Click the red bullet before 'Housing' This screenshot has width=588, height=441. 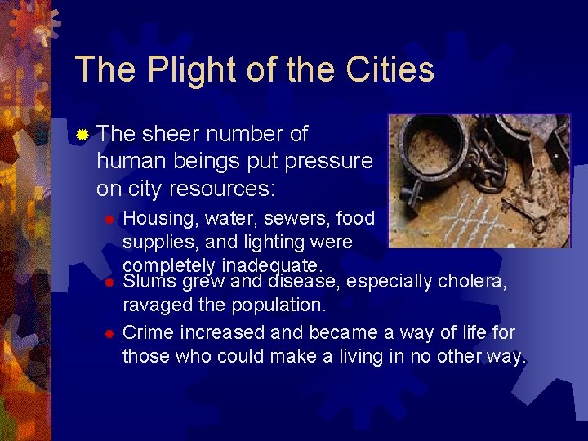click(x=108, y=220)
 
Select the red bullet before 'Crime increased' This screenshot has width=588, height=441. click(x=108, y=334)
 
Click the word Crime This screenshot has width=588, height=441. click(x=148, y=333)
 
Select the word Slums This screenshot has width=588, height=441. click(x=149, y=282)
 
